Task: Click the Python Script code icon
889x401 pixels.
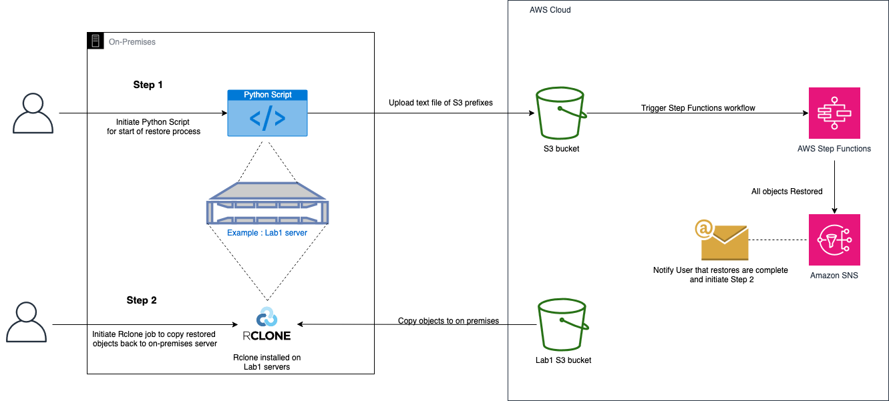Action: coord(267,113)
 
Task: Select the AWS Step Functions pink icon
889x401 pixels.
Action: coord(834,113)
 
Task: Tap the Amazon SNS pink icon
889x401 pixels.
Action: coord(834,240)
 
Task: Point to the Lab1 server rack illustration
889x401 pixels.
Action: coord(267,204)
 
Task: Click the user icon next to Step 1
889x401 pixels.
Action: coord(33,113)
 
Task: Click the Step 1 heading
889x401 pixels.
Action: coord(148,85)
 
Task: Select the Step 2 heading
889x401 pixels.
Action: coord(142,300)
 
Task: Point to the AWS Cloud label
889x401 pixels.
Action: coord(550,10)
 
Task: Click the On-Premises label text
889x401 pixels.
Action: coord(132,42)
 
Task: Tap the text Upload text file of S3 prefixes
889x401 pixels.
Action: coord(441,103)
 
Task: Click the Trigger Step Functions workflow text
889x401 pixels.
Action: coord(698,108)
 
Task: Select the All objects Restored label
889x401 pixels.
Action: coord(787,191)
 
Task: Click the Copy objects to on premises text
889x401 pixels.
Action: coord(448,321)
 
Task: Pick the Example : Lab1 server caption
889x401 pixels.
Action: coord(267,233)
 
